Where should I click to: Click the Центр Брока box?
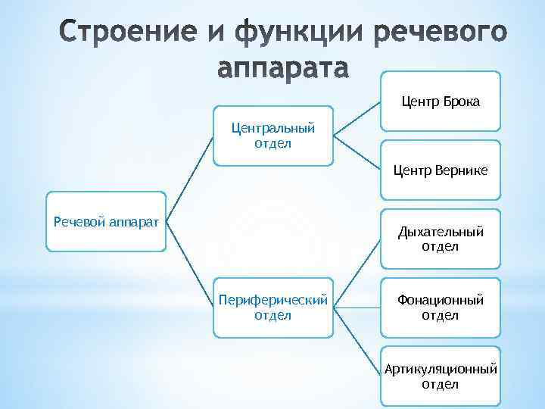(x=440, y=101)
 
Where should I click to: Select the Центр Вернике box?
(x=440, y=171)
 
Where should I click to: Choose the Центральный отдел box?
(x=273, y=136)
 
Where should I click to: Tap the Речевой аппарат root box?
(x=106, y=221)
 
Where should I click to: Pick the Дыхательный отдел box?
(x=440, y=239)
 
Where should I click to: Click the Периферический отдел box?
(x=273, y=307)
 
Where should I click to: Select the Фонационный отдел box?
(x=440, y=307)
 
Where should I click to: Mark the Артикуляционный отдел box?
(x=440, y=376)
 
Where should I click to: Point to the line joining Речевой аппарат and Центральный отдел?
(x=190, y=179)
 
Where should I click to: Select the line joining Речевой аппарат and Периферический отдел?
(x=190, y=264)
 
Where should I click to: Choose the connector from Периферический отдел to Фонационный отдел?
(x=357, y=307)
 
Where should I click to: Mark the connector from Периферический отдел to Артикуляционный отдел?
(x=357, y=342)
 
